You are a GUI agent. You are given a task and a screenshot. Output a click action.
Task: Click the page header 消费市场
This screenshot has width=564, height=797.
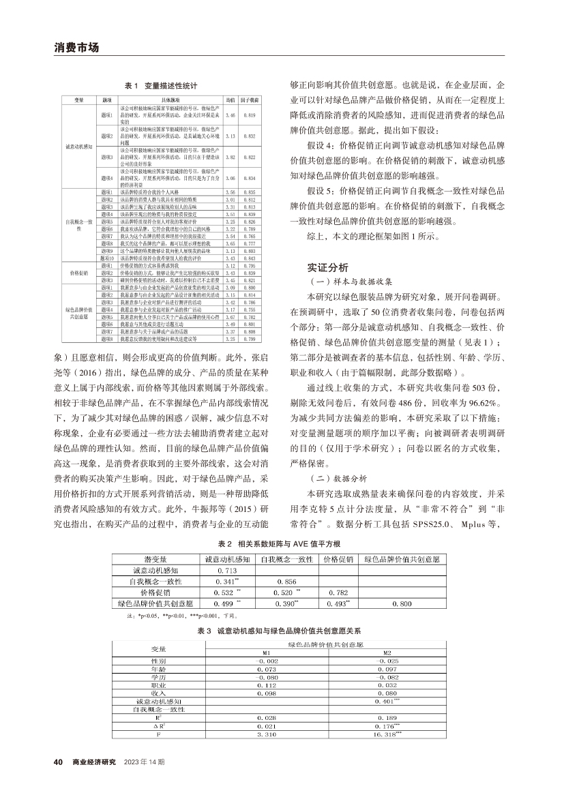click(76, 48)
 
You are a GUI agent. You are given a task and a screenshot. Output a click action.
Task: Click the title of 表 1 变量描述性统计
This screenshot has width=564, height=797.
click(161, 86)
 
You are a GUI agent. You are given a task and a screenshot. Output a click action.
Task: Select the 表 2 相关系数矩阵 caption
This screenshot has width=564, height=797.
click(284, 545)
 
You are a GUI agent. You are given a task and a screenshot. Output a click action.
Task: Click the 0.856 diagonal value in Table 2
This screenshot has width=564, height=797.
click(286, 581)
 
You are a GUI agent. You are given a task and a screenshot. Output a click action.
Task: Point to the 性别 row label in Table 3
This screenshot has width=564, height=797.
click(158, 661)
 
